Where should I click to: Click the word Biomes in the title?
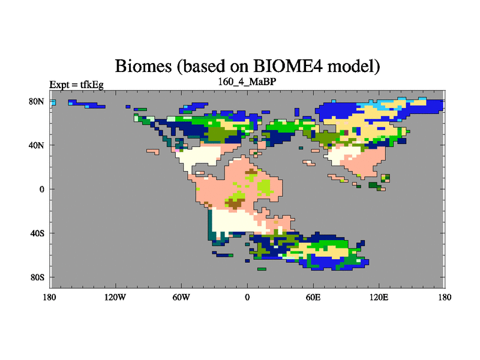143,66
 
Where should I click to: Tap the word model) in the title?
353,66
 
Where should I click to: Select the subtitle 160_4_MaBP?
247,82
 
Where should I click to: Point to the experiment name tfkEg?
92,85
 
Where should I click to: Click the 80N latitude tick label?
37,101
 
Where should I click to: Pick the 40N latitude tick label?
37,145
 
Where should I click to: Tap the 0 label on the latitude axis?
41,189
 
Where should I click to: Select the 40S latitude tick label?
37,233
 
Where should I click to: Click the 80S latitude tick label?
37,277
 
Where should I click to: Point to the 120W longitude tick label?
115,297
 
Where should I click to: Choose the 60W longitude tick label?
181,297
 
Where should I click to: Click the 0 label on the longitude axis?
247,297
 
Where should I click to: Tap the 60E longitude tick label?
313,297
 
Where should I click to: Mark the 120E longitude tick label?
379,297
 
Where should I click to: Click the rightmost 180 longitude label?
445,297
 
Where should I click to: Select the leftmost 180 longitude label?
50,297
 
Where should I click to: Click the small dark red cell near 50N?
346,133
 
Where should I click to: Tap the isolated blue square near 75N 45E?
296,112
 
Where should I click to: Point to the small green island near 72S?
262,269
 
